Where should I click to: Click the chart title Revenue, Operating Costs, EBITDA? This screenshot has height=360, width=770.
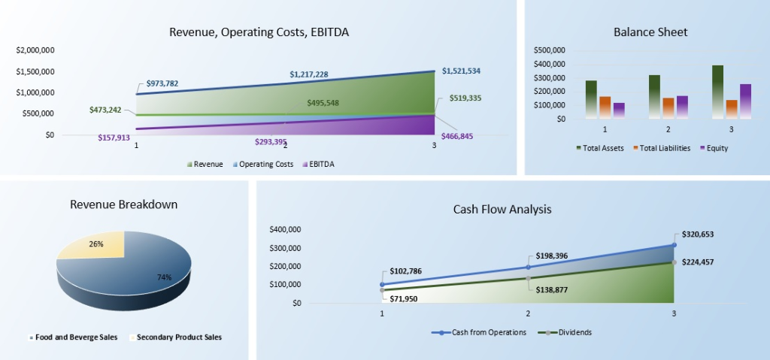tap(259, 32)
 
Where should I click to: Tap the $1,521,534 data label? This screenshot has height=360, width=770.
tap(461, 71)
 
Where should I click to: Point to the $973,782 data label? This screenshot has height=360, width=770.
tap(162, 83)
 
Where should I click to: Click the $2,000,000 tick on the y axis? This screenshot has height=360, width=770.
tap(35, 50)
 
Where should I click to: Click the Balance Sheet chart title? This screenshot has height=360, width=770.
tap(650, 32)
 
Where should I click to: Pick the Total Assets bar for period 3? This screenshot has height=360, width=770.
tap(717, 91)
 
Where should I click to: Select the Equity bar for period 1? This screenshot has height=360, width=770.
tap(619, 110)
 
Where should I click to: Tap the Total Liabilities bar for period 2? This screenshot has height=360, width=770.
tap(668, 107)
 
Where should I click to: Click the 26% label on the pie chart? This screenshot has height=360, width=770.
tap(96, 244)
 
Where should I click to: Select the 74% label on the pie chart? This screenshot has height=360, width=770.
tap(164, 277)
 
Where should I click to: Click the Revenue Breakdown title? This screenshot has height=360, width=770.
tap(123, 204)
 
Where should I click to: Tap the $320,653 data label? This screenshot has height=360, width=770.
tap(698, 234)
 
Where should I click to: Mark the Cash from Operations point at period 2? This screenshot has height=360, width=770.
tap(528, 267)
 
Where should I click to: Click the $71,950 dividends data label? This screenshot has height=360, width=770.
tap(404, 298)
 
